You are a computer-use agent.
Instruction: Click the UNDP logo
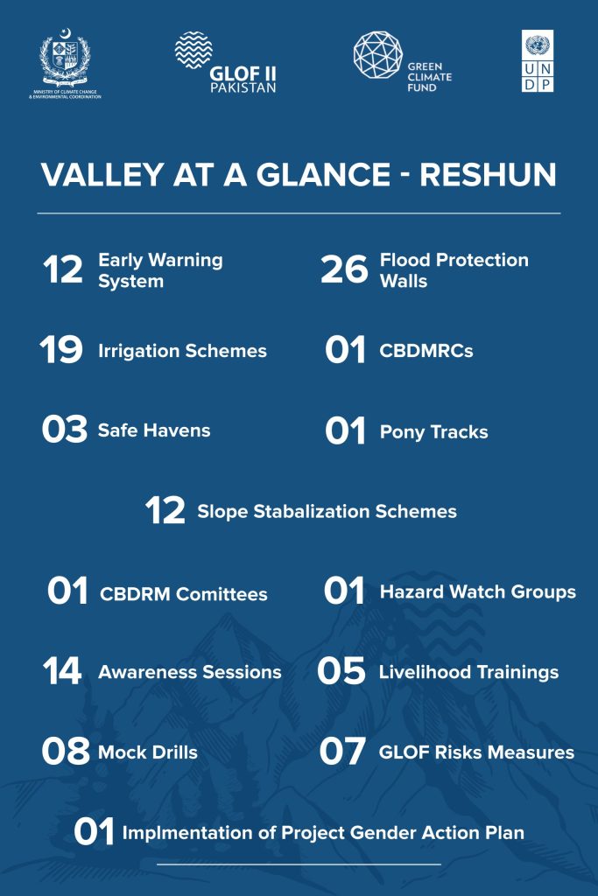538,61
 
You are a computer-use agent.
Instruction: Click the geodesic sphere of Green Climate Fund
378,55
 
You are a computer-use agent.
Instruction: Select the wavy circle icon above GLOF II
193,50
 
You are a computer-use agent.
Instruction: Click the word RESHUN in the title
489,174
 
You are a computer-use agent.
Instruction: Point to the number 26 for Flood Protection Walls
344,269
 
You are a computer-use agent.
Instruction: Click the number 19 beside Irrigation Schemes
61,350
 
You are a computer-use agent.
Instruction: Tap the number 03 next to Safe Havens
65,429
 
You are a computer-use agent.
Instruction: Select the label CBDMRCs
426,350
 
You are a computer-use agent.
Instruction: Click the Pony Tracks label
434,432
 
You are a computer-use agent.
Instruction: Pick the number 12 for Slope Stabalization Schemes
165,510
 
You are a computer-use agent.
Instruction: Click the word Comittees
222,594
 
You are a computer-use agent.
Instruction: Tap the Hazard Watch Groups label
478,592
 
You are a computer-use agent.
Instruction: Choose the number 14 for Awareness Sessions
62,671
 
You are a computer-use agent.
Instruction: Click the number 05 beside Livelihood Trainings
341,671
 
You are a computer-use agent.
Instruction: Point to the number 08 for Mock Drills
66,751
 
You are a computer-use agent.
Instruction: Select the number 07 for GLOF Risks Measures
342,751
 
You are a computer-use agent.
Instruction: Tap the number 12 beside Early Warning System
63,269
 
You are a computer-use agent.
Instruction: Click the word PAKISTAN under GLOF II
243,88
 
